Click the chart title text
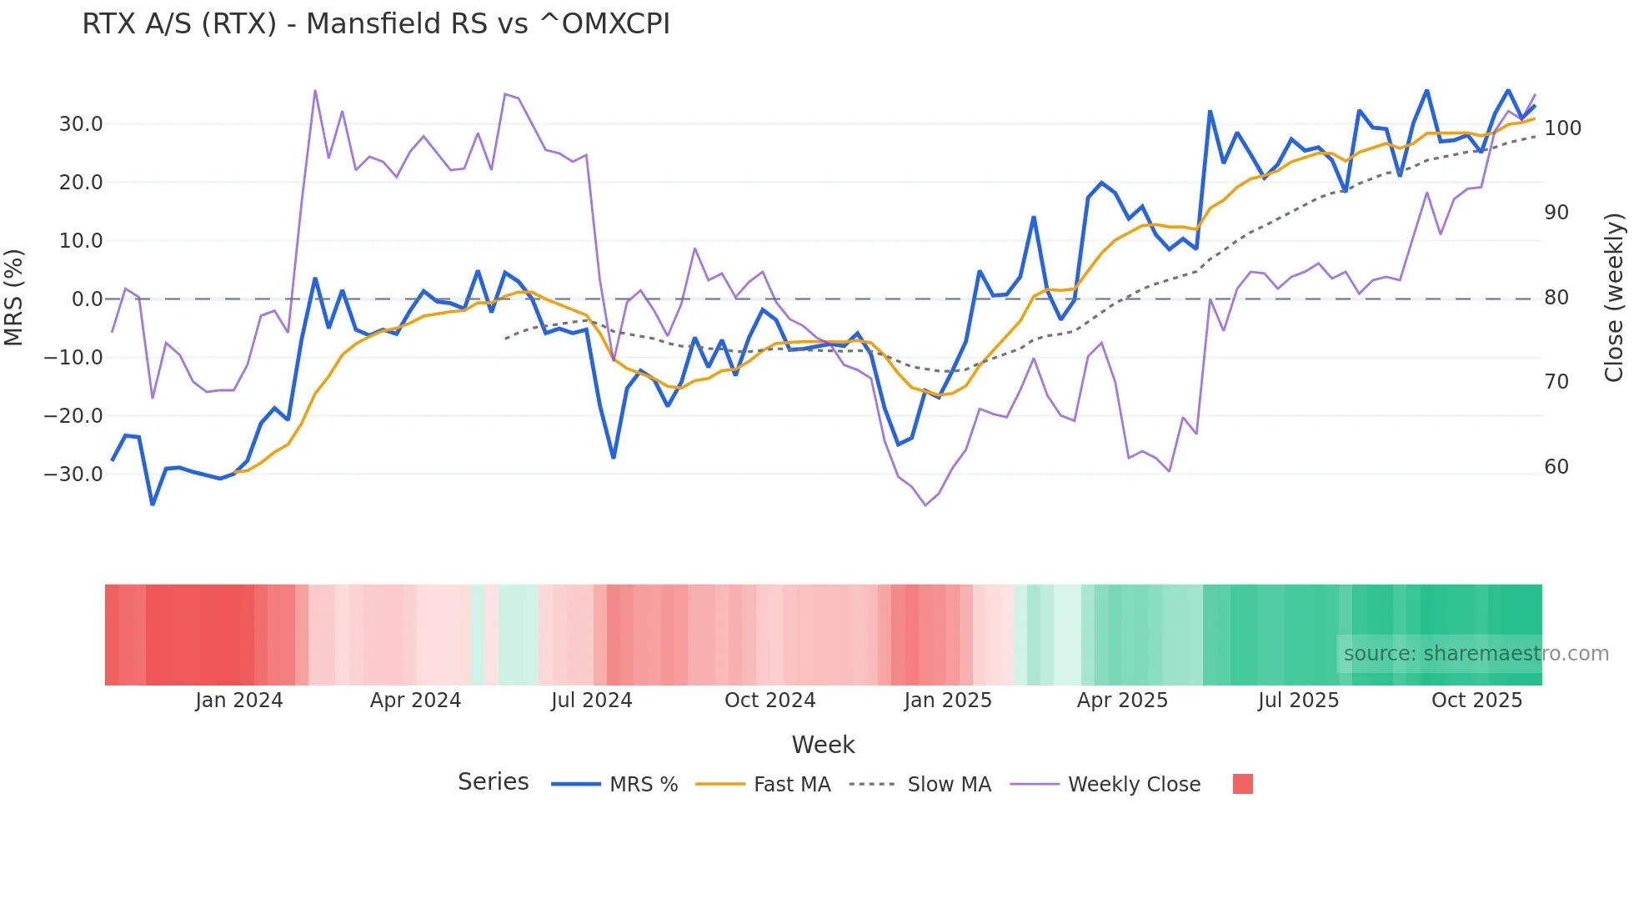click(375, 24)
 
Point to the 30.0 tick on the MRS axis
click(80, 124)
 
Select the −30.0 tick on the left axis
click(73, 475)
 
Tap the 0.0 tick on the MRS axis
click(87, 299)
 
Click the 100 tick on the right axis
click(1562, 128)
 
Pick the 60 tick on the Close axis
click(1556, 467)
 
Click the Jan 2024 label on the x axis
click(239, 701)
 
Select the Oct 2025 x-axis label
click(1476, 701)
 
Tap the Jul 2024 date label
click(591, 701)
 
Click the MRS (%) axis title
click(14, 298)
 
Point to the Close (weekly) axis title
click(1614, 298)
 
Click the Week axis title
click(823, 745)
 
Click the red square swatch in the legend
click(1242, 784)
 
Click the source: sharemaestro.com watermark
click(1476, 654)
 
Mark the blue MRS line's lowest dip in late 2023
click(153, 504)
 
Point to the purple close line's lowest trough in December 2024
click(925, 505)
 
